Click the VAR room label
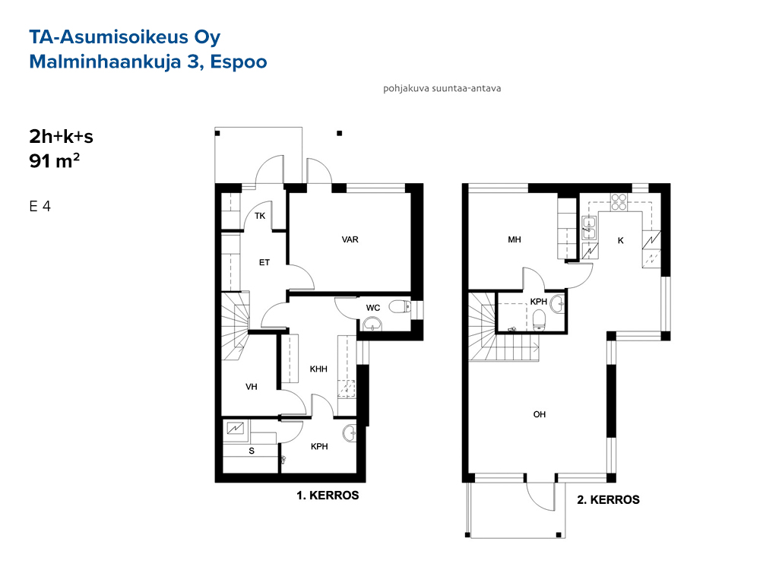coord(350,239)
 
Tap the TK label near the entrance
coord(260,216)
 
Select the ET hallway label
coord(264,263)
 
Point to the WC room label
coord(373,308)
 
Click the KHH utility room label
coord(318,369)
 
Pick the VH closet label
coord(251,387)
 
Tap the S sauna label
coord(252,451)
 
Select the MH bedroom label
coord(515,239)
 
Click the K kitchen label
coord(620,240)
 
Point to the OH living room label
coord(540,414)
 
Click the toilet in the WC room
coord(401,306)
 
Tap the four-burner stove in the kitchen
coord(619,201)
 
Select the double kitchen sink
coord(589,228)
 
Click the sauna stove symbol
coord(236,429)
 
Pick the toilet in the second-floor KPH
coord(540,321)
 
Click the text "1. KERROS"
coord(328,496)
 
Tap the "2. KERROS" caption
coord(608,500)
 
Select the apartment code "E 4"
coord(40,207)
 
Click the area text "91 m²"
coord(54,160)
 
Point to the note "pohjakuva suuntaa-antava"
coord(442,89)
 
